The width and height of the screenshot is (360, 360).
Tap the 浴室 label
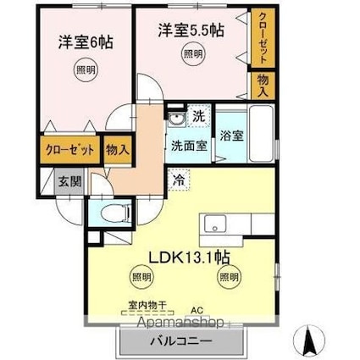coord(232,134)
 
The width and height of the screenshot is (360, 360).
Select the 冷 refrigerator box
coord(180,179)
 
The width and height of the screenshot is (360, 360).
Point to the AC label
coord(197,311)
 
